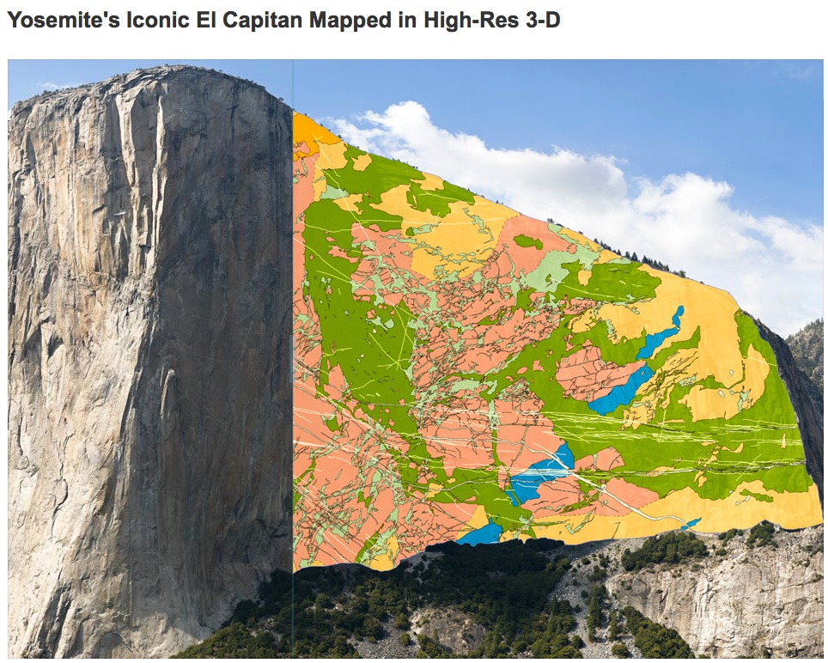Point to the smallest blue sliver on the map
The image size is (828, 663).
(x=691, y=522)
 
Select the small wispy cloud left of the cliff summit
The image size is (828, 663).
(x=52, y=86)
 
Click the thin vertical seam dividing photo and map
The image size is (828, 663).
(x=293, y=344)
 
